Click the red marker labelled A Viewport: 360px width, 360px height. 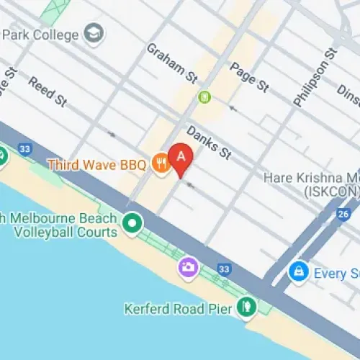(x=180, y=157)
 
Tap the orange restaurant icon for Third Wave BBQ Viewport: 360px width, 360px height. (x=160, y=165)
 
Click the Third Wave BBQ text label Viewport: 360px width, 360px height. (x=96, y=165)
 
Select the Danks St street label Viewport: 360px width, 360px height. (x=208, y=143)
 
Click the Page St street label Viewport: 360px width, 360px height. (x=249, y=77)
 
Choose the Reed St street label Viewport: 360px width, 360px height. (x=48, y=93)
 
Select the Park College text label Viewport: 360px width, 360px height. (x=42, y=34)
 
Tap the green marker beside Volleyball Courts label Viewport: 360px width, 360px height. (x=132, y=223)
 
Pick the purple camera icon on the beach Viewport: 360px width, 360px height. (x=188, y=269)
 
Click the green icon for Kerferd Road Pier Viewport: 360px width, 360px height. (x=247, y=307)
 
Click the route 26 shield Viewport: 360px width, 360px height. (x=344, y=215)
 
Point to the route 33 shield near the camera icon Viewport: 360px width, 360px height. (x=225, y=269)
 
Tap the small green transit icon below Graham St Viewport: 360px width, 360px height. (x=204, y=96)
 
